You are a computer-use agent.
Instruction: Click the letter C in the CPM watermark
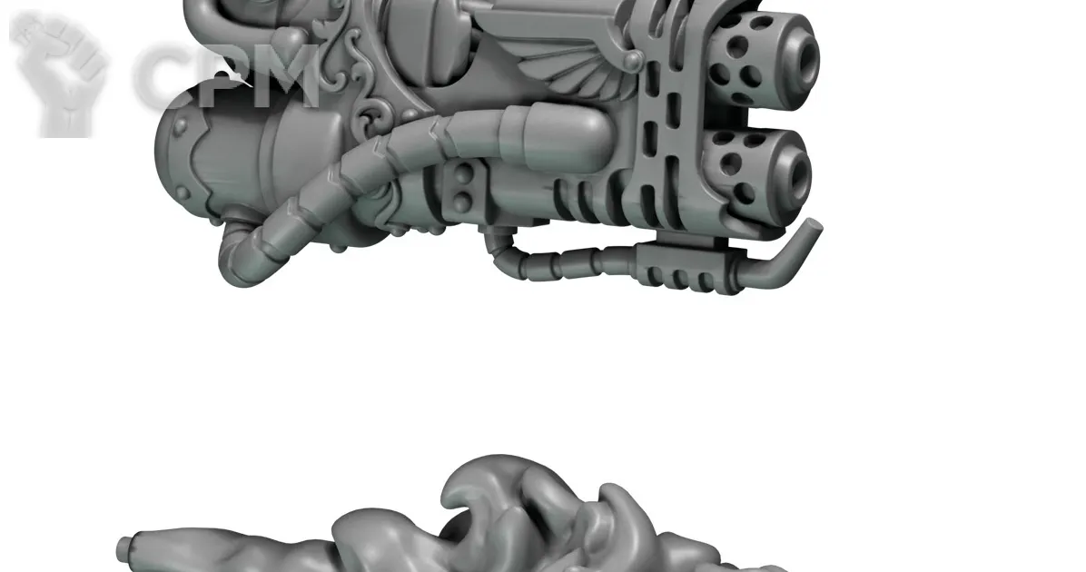(x=163, y=74)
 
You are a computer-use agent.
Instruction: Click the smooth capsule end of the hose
(x=563, y=131)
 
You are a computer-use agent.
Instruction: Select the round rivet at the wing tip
(x=634, y=61)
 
